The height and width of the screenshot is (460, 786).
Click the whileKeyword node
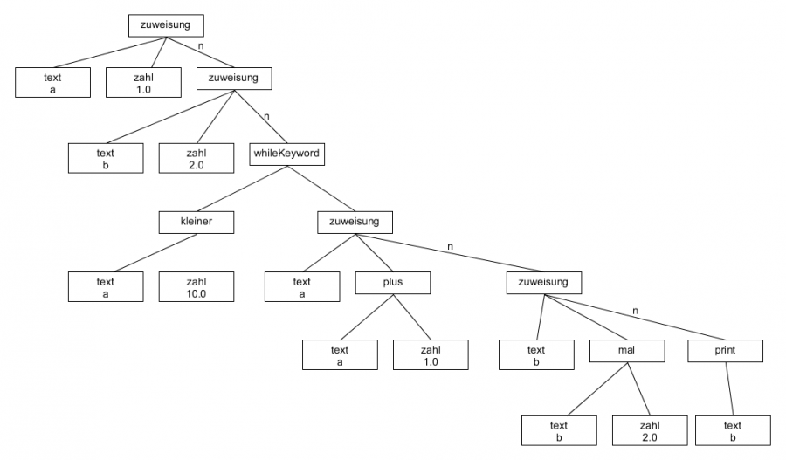286,154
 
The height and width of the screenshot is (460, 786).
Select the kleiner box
196,222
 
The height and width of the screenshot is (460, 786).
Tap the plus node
392,282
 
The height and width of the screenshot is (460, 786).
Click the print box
726,351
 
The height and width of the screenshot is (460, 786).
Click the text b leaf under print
733,431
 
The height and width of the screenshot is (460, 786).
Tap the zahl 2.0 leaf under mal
649,431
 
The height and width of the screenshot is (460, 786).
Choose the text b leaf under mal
559,431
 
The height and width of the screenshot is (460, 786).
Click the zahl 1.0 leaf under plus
430,355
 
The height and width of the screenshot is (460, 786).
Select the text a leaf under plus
340,355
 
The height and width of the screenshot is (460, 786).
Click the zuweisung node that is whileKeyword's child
355,222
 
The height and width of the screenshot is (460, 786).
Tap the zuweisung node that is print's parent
543,282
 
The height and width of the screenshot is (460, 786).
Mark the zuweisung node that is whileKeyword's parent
233,78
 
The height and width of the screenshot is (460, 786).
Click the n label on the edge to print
635,312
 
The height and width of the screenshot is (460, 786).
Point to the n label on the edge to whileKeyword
266,116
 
